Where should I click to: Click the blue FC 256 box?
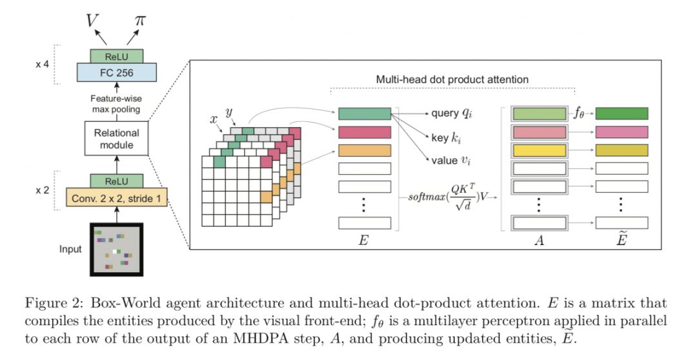click(117, 72)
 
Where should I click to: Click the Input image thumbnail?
click(117, 248)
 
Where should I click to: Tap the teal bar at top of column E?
click(364, 114)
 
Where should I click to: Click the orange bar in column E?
click(364, 150)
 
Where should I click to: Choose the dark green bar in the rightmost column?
click(621, 114)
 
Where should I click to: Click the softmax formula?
click(449, 195)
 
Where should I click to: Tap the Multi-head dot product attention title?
click(452, 79)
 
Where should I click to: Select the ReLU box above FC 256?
click(117, 56)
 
